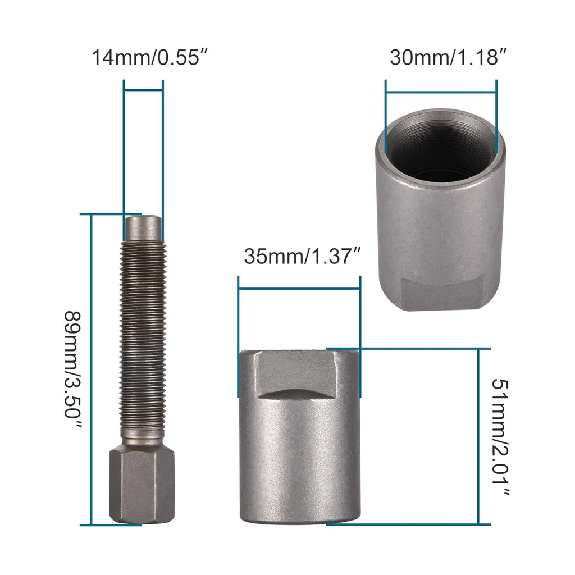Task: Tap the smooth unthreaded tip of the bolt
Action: click(143, 227)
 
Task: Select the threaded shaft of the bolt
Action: click(143, 337)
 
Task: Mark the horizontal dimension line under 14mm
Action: click(143, 89)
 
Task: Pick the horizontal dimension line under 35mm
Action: click(299, 288)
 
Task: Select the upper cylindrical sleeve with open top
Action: click(440, 225)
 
